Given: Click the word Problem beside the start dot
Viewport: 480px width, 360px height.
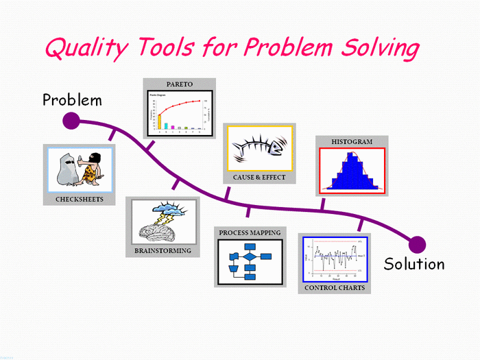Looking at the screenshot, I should coord(72,100).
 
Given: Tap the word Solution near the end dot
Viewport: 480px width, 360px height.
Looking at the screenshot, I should coord(414,264).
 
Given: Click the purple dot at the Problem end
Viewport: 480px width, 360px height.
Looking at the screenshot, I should coord(71,122).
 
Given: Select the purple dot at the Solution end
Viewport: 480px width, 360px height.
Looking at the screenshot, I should coord(417,244).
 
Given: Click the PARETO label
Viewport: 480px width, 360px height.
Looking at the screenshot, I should coord(178,85).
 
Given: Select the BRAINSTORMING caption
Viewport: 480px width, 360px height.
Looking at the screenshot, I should coord(163,251).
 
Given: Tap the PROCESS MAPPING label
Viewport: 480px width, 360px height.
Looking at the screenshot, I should coord(250,233).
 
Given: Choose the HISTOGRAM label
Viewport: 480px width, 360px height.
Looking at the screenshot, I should coord(352,142).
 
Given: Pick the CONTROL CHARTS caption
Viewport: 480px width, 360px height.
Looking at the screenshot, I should coord(335,288).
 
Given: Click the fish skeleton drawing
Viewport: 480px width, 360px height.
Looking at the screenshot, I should coord(257,147).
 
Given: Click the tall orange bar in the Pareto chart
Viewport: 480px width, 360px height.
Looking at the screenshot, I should coord(160,121).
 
